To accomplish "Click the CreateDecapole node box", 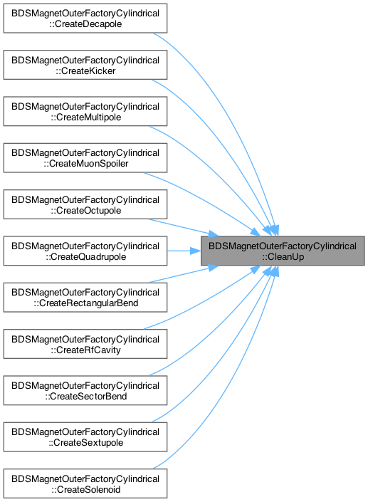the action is click(x=85, y=19).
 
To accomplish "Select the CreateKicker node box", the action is click(x=85, y=65).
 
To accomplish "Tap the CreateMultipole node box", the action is click(x=85, y=111).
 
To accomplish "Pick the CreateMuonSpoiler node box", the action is click(x=85, y=158).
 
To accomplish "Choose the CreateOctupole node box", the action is click(x=85, y=204).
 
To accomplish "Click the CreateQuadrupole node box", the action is click(x=85, y=251).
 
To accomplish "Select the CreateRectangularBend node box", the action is click(x=85, y=298).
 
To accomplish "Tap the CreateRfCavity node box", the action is click(x=85, y=344).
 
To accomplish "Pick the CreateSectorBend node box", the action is click(x=85, y=390).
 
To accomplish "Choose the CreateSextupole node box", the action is click(x=85, y=437).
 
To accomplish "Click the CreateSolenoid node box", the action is click(x=85, y=483).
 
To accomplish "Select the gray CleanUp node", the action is click(x=283, y=251).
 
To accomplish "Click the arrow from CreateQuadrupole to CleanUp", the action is click(x=184, y=251).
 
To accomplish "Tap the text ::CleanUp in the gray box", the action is click(x=283, y=257).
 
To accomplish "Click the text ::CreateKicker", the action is click(x=85, y=70).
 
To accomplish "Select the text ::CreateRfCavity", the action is click(x=85, y=350).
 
